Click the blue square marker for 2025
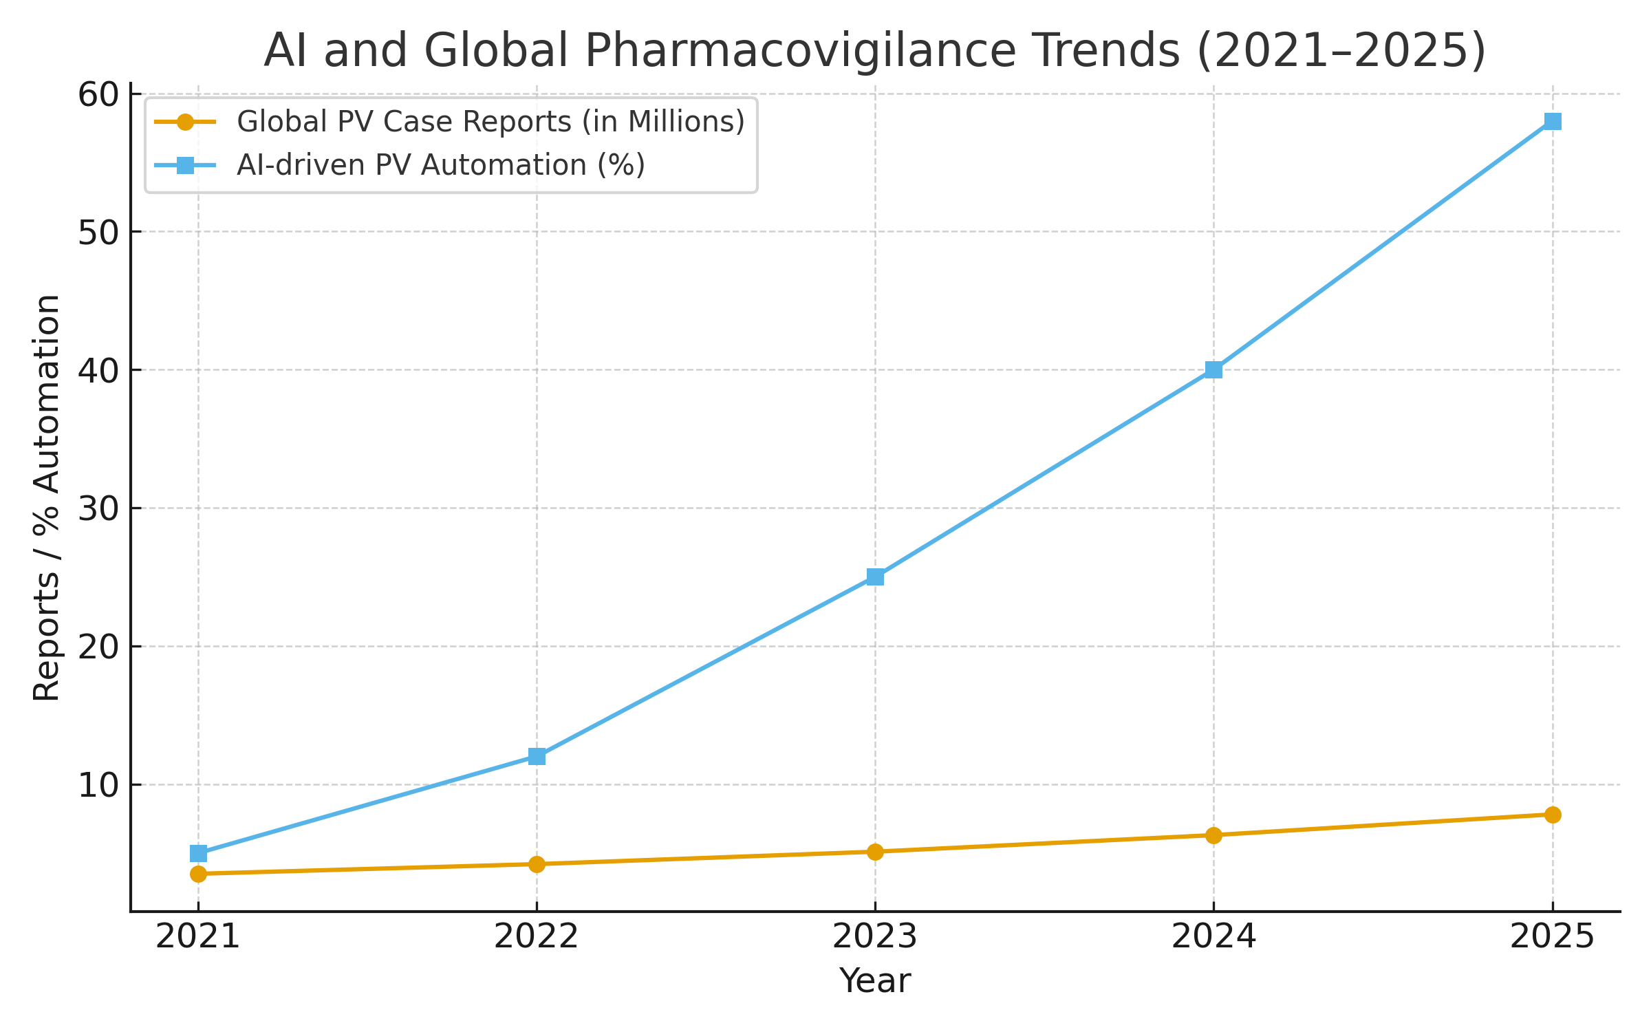(1553, 122)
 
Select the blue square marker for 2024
(1213, 370)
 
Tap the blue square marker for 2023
(875, 577)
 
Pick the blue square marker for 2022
(537, 757)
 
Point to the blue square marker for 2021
(198, 853)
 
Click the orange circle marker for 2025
(1553, 815)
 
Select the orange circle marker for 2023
(875, 852)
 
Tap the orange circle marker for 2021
(198, 874)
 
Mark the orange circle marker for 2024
(1213, 835)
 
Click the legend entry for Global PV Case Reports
(490, 122)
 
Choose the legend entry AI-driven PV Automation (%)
(440, 165)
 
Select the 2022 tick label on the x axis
(537, 937)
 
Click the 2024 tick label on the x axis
(1213, 937)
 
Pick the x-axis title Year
(875, 981)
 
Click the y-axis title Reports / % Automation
(47, 498)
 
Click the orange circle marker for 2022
(537, 864)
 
